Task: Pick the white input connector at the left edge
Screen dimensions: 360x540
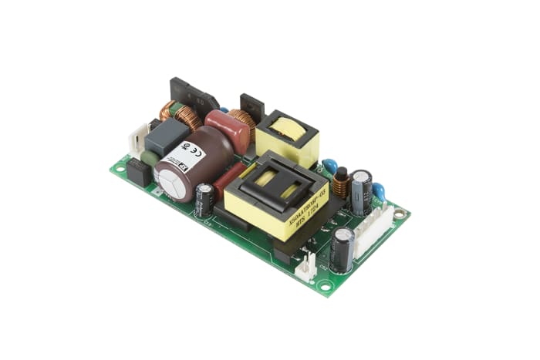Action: (137, 140)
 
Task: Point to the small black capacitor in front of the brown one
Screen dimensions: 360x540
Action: (204, 199)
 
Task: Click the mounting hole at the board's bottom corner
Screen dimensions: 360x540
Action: (325, 286)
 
